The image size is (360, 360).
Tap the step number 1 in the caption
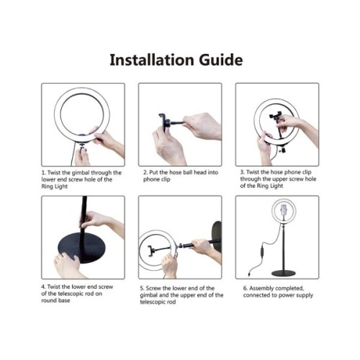[43, 174]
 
